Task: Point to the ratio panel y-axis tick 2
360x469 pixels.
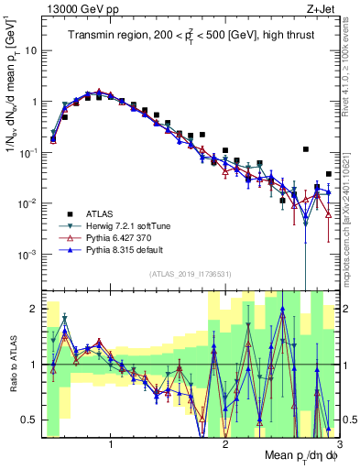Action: tap(35, 309)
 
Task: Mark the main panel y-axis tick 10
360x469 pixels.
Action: tap(31, 51)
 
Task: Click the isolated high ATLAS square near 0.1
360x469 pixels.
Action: tap(306, 149)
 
